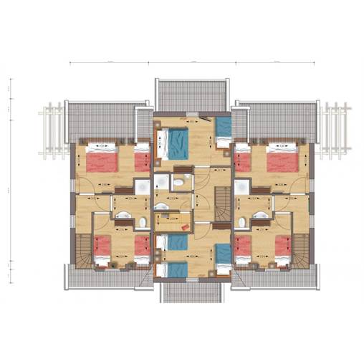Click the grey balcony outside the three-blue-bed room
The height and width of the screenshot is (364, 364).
pyautogui.click(x=191, y=291)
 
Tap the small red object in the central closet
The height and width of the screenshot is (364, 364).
pyautogui.click(x=186, y=226)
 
